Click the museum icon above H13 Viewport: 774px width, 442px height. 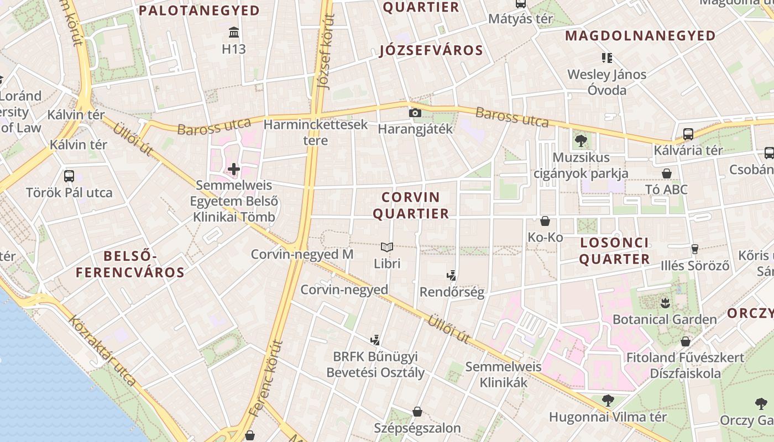pos(233,32)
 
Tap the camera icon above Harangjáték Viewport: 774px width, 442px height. pos(415,113)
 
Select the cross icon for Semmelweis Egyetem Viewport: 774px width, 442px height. pos(234,169)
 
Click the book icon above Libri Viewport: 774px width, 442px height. pos(387,247)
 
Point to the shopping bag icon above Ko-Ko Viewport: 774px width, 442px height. pos(545,221)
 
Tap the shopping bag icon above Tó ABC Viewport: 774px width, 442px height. pos(667,173)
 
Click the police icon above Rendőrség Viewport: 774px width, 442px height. pos(452,275)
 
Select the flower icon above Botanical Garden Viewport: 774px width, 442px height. pos(665,303)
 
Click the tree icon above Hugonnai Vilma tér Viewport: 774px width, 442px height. pos(608,401)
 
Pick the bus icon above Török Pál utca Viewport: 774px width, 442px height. pos(69,176)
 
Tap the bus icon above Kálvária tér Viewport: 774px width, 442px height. pos(688,134)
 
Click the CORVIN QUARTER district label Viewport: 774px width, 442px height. pos(411,206)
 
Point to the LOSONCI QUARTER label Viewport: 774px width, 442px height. pos(615,251)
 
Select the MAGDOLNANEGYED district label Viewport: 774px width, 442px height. pos(640,36)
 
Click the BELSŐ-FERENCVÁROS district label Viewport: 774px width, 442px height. pos(130,264)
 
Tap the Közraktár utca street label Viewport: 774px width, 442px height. pos(102,350)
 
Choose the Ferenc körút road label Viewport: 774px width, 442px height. pos(266,378)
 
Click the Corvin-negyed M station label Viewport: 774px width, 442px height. pos(302,254)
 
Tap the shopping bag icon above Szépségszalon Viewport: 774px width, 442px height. pos(417,412)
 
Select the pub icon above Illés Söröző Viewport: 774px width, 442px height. pos(695,249)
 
